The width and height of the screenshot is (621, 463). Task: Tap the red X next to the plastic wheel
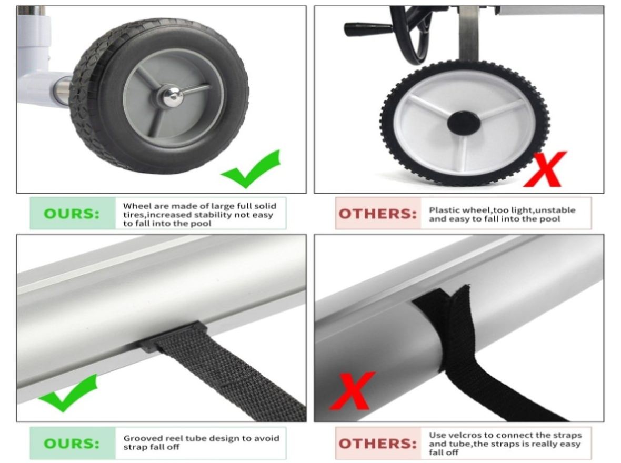[545, 169]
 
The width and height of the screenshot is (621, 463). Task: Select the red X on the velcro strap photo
[352, 390]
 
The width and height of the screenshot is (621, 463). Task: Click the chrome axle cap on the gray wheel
[171, 96]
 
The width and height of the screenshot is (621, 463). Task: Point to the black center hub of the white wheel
[463, 123]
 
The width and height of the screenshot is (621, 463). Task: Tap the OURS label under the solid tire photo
[71, 214]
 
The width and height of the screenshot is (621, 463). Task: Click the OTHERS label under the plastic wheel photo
[377, 214]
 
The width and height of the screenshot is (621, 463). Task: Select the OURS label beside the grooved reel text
[71, 444]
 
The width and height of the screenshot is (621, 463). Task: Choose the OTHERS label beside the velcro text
[377, 444]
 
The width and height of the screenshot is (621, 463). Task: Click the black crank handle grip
[363, 29]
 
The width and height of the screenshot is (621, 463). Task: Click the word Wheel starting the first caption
[135, 206]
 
